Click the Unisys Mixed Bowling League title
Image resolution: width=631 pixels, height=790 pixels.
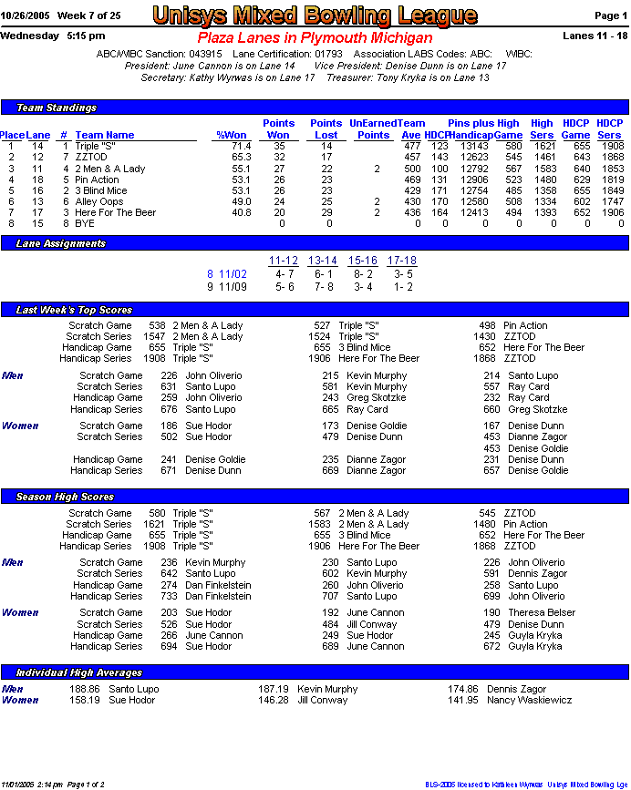315,15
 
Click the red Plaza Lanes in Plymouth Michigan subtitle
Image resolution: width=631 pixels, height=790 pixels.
315,38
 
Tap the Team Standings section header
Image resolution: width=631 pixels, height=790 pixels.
57,108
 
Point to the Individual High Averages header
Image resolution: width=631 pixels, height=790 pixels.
79,672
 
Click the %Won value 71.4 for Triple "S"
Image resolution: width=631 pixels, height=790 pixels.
240,146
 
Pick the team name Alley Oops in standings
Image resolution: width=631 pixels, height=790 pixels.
98,201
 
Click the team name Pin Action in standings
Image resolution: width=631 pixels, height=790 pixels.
97,180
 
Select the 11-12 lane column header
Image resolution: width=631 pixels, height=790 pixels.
284,261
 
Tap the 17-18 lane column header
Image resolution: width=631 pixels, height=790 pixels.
401,261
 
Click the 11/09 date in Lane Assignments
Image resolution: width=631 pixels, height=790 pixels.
233,286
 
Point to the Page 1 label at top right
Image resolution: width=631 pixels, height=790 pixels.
610,16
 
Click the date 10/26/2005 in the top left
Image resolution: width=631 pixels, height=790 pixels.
25,16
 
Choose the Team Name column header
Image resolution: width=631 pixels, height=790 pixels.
105,135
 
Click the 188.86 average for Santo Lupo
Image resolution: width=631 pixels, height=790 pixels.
84,689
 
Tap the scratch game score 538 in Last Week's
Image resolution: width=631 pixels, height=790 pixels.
157,325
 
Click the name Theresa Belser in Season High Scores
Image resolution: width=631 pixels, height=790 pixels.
542,612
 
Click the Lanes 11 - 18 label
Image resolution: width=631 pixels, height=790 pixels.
595,36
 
